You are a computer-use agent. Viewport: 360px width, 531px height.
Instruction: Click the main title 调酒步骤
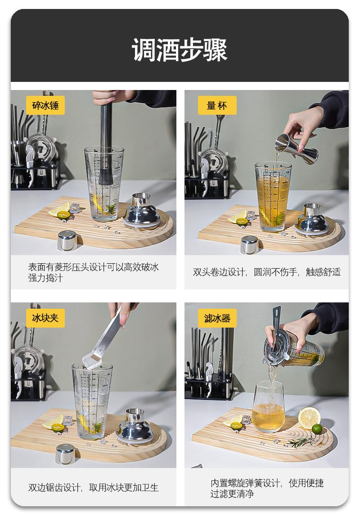(x=180, y=50)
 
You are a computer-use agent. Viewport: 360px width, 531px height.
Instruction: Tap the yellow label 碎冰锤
(x=45, y=105)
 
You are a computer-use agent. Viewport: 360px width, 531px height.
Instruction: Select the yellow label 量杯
(x=217, y=105)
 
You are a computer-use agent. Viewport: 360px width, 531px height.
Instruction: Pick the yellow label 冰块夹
(x=45, y=318)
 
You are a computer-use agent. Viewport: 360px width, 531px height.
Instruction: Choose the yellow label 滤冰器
(x=217, y=318)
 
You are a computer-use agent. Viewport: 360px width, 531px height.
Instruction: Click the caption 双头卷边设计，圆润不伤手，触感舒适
(x=266, y=272)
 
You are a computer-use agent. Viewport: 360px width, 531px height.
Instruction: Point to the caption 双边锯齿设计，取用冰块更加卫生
(x=93, y=487)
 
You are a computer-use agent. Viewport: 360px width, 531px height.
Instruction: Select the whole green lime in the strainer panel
(x=316, y=429)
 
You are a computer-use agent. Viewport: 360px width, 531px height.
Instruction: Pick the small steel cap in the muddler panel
(x=67, y=240)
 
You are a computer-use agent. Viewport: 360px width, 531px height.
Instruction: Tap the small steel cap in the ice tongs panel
(x=65, y=454)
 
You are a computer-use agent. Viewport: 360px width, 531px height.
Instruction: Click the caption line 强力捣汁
(x=45, y=278)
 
